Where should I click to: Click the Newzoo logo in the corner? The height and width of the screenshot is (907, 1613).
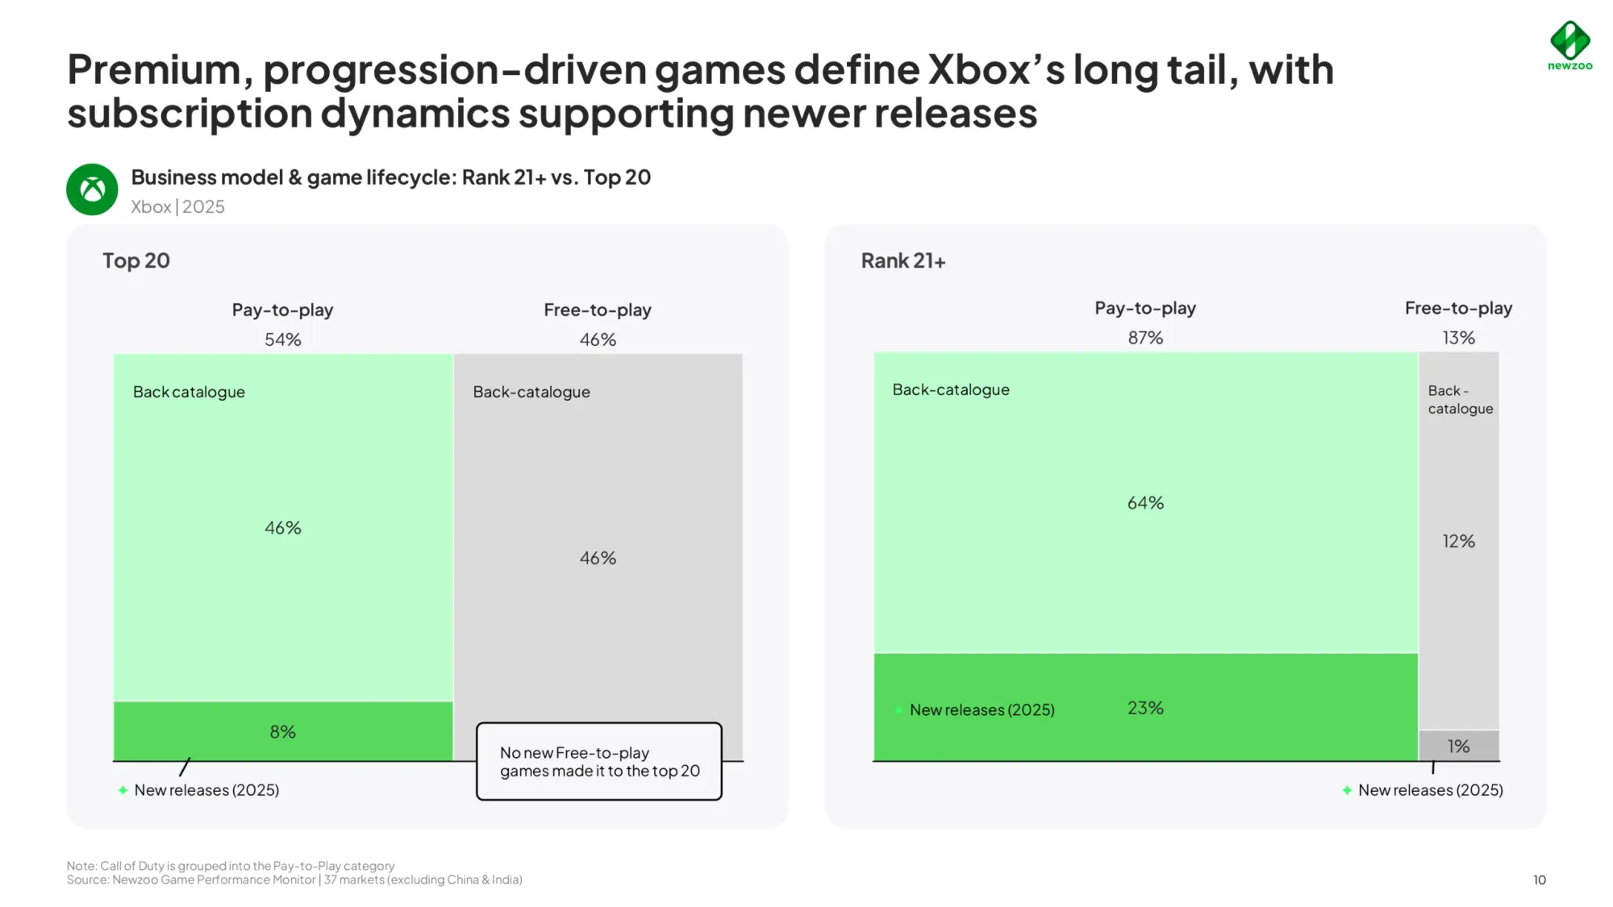(x=1569, y=45)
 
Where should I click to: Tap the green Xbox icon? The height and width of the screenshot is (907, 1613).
(x=92, y=189)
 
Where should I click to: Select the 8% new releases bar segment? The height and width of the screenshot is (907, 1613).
(x=282, y=731)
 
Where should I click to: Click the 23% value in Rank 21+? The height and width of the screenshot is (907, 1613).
(x=1145, y=708)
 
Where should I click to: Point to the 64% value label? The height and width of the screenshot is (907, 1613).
(x=1145, y=503)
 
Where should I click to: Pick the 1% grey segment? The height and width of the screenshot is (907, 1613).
(x=1458, y=746)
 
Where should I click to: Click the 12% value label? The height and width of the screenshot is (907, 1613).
(x=1458, y=541)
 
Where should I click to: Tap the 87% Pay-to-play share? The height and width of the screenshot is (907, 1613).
(x=1145, y=338)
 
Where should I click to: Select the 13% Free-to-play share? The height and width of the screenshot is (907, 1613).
(x=1458, y=338)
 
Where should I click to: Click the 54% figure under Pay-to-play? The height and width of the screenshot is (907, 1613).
(x=282, y=339)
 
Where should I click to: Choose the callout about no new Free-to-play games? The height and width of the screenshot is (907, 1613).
(x=599, y=761)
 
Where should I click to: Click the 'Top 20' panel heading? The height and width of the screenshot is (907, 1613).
(x=136, y=260)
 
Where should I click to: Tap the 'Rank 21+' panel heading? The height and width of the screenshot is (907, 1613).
(x=902, y=260)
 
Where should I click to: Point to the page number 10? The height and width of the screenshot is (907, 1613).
(x=1539, y=880)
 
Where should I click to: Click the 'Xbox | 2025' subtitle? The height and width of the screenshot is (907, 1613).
(x=177, y=206)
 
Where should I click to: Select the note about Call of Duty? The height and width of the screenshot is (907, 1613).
(x=231, y=866)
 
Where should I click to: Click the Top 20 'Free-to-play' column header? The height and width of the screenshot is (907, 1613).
(x=597, y=310)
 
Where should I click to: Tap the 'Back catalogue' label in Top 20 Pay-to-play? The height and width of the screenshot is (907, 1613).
(x=189, y=392)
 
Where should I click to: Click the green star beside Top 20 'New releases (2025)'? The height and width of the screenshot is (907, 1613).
(x=123, y=790)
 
